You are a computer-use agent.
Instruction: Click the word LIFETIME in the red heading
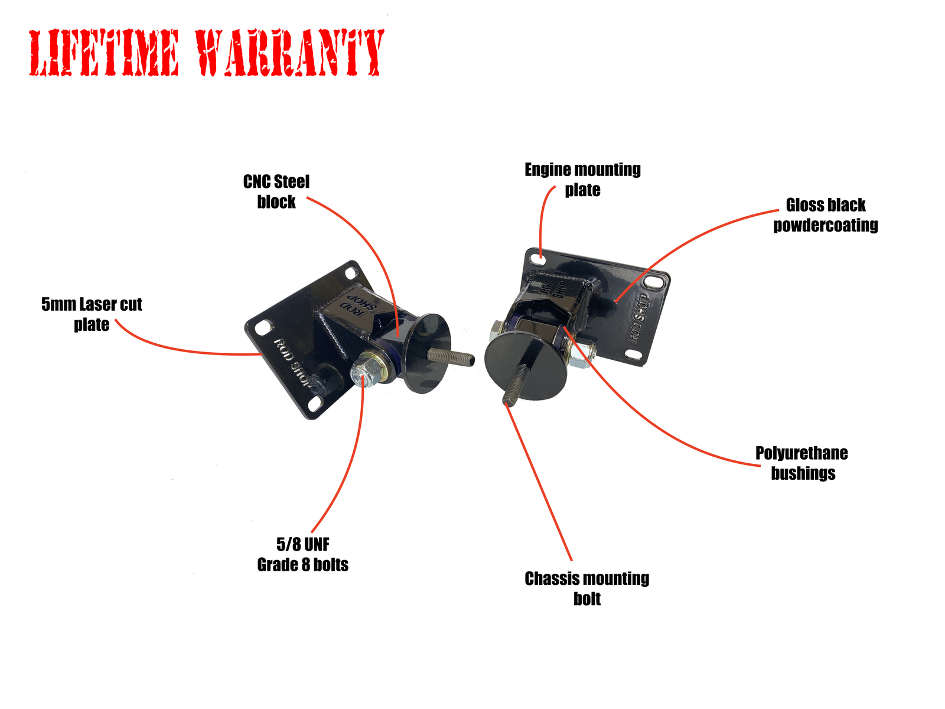tap(104, 53)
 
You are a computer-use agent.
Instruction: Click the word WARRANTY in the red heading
tap(289, 53)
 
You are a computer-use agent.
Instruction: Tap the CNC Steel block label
tap(276, 191)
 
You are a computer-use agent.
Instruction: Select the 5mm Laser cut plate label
tap(92, 314)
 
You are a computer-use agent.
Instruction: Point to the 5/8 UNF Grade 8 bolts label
tap(302, 554)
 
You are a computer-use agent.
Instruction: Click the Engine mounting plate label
tap(582, 180)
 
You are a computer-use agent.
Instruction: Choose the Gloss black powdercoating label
tap(825, 215)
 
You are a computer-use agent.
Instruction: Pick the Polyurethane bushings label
tap(801, 463)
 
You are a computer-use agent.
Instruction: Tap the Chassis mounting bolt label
tap(587, 588)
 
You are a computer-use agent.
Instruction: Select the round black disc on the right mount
tap(525, 366)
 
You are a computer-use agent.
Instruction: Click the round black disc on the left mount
tap(426, 353)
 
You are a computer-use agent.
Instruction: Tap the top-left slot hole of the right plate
tap(537, 259)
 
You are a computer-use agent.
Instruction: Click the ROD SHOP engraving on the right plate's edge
tap(638, 318)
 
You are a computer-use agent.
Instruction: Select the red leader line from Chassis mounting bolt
tap(539, 482)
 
